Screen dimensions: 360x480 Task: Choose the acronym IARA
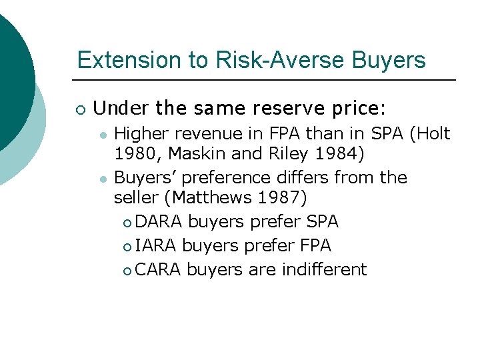point(157,246)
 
